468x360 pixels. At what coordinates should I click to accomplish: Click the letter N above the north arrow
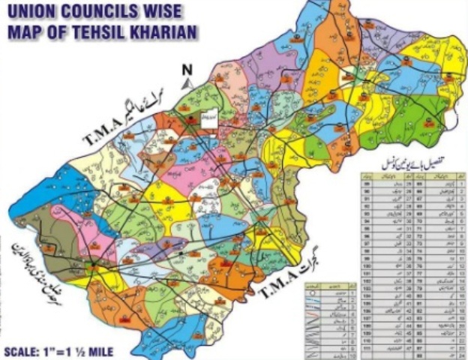pyautogui.click(x=187, y=70)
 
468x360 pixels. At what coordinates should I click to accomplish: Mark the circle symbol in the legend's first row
pyautogui.click(x=312, y=294)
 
